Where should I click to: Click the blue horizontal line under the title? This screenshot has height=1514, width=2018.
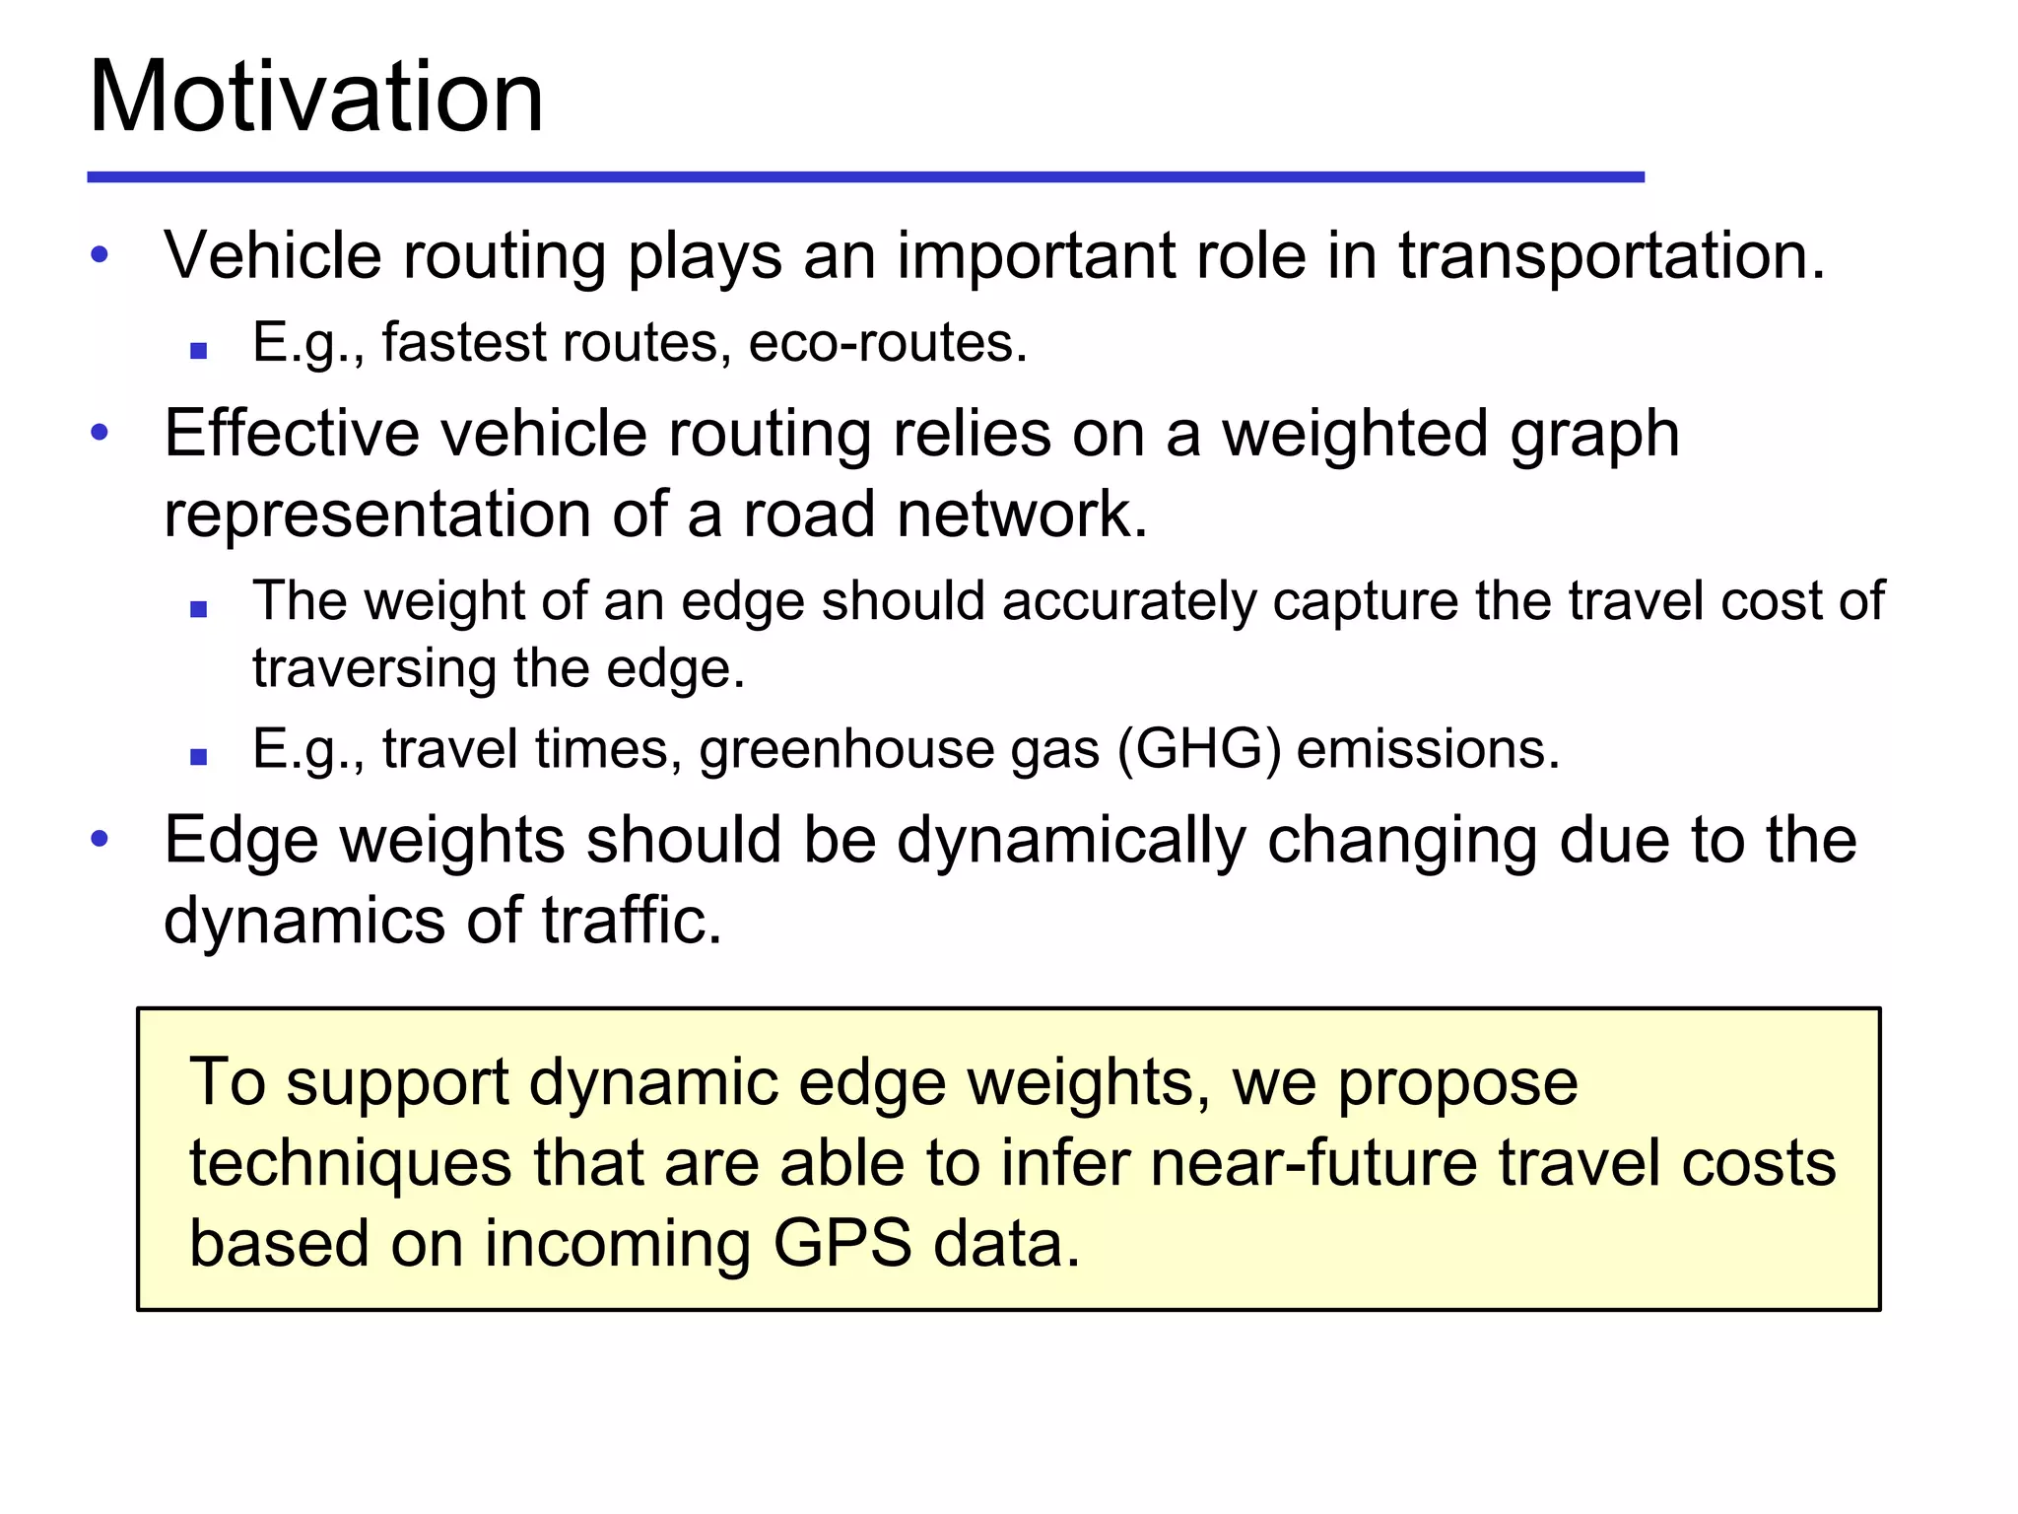865,177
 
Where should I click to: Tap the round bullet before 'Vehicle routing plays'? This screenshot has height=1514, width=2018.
100,255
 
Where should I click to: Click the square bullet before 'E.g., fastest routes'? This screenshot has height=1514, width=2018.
199,350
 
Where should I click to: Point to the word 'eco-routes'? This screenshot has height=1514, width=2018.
886,343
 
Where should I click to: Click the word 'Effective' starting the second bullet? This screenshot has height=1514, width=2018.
292,434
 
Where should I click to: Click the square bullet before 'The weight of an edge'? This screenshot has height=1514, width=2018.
199,609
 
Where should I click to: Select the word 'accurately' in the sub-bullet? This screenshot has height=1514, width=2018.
1128,602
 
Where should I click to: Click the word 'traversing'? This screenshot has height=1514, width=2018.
374,670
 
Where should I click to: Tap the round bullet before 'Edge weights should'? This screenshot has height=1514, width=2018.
100,840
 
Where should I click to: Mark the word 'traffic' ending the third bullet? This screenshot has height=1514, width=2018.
631,921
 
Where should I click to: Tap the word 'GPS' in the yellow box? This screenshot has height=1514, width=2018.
841,1244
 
